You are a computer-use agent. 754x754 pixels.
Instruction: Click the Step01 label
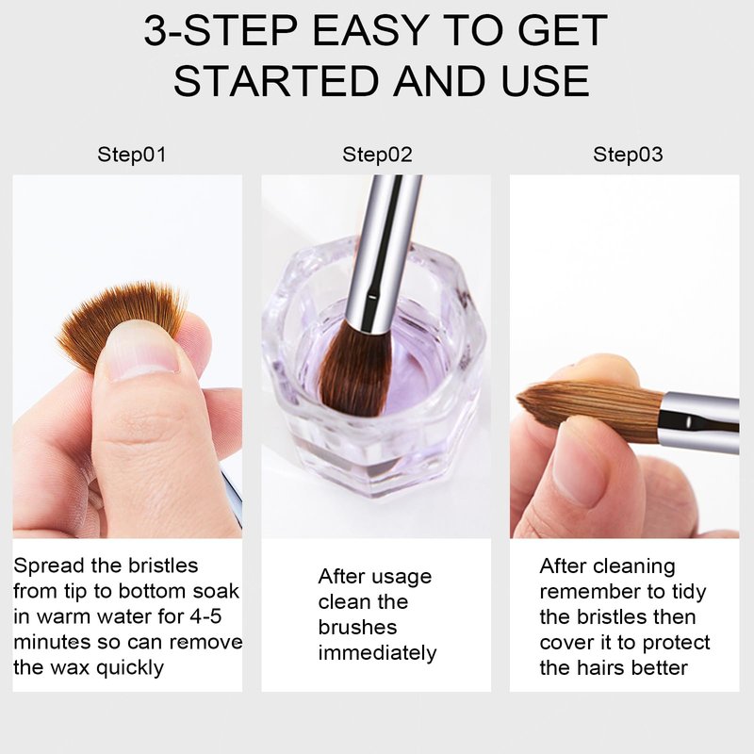coord(131,155)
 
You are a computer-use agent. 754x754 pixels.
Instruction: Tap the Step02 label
coord(377,155)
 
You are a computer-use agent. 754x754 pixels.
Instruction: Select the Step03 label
coord(628,155)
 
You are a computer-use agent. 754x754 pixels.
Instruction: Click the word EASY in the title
coord(370,31)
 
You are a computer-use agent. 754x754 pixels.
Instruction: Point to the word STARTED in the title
coord(275,80)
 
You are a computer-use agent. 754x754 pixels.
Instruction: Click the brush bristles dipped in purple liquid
coord(354,367)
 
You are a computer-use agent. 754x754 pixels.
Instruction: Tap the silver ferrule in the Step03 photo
coord(699,421)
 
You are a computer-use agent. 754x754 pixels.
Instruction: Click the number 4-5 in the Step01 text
coord(206,616)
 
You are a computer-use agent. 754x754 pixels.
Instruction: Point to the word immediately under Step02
coord(378,653)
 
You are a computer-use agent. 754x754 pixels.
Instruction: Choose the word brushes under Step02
coord(358,627)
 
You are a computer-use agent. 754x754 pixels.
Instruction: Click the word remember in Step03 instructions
coord(591,592)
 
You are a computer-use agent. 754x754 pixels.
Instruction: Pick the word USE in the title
coord(546,80)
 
